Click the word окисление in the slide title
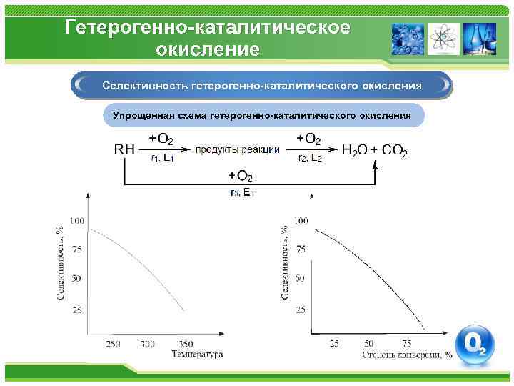pyautogui.click(x=207, y=50)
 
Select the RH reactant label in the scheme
pyautogui.click(x=124, y=149)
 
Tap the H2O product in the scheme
pyautogui.click(x=355, y=150)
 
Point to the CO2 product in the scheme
pyautogui.click(x=395, y=150)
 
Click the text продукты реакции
pyautogui.click(x=238, y=149)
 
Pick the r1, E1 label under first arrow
pyautogui.click(x=163, y=159)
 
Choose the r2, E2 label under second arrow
pyautogui.click(x=310, y=159)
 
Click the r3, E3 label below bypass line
pyautogui.click(x=242, y=192)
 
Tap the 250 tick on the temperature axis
pyautogui.click(x=114, y=344)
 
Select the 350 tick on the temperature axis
pyautogui.click(x=185, y=344)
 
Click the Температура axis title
pyautogui.click(x=198, y=354)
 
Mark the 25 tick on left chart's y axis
pyautogui.click(x=78, y=309)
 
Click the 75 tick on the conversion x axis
pyautogui.click(x=406, y=344)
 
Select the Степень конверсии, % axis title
pyautogui.click(x=407, y=354)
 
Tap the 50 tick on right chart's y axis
pyautogui.click(x=301, y=278)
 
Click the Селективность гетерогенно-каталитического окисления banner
pyautogui.click(x=261, y=85)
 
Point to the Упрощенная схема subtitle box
pyautogui.click(x=261, y=115)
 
